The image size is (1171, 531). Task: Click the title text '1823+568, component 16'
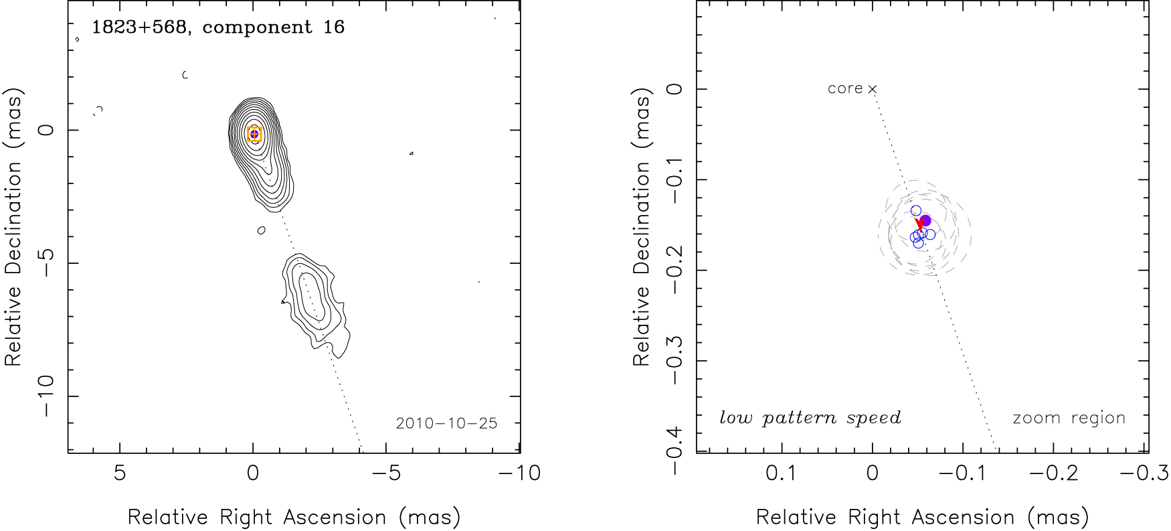(x=218, y=27)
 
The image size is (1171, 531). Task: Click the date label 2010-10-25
(x=446, y=423)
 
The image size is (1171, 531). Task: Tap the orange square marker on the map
(x=254, y=134)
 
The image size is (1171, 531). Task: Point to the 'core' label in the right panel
(x=845, y=88)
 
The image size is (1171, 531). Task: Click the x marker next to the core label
(x=872, y=88)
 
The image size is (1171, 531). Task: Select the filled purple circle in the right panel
(x=925, y=221)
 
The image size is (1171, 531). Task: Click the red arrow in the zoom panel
(x=920, y=225)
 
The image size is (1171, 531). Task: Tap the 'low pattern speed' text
(x=810, y=419)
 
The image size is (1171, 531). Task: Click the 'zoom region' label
(x=1069, y=419)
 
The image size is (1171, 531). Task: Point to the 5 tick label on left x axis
(x=120, y=473)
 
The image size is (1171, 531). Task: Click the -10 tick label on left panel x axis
(x=520, y=473)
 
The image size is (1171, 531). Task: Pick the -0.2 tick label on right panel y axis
(x=674, y=270)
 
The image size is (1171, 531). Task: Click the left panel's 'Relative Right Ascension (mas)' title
(x=294, y=518)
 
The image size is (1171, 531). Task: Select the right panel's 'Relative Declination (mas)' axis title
(x=641, y=228)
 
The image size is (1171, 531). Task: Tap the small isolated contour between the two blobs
(x=261, y=230)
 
